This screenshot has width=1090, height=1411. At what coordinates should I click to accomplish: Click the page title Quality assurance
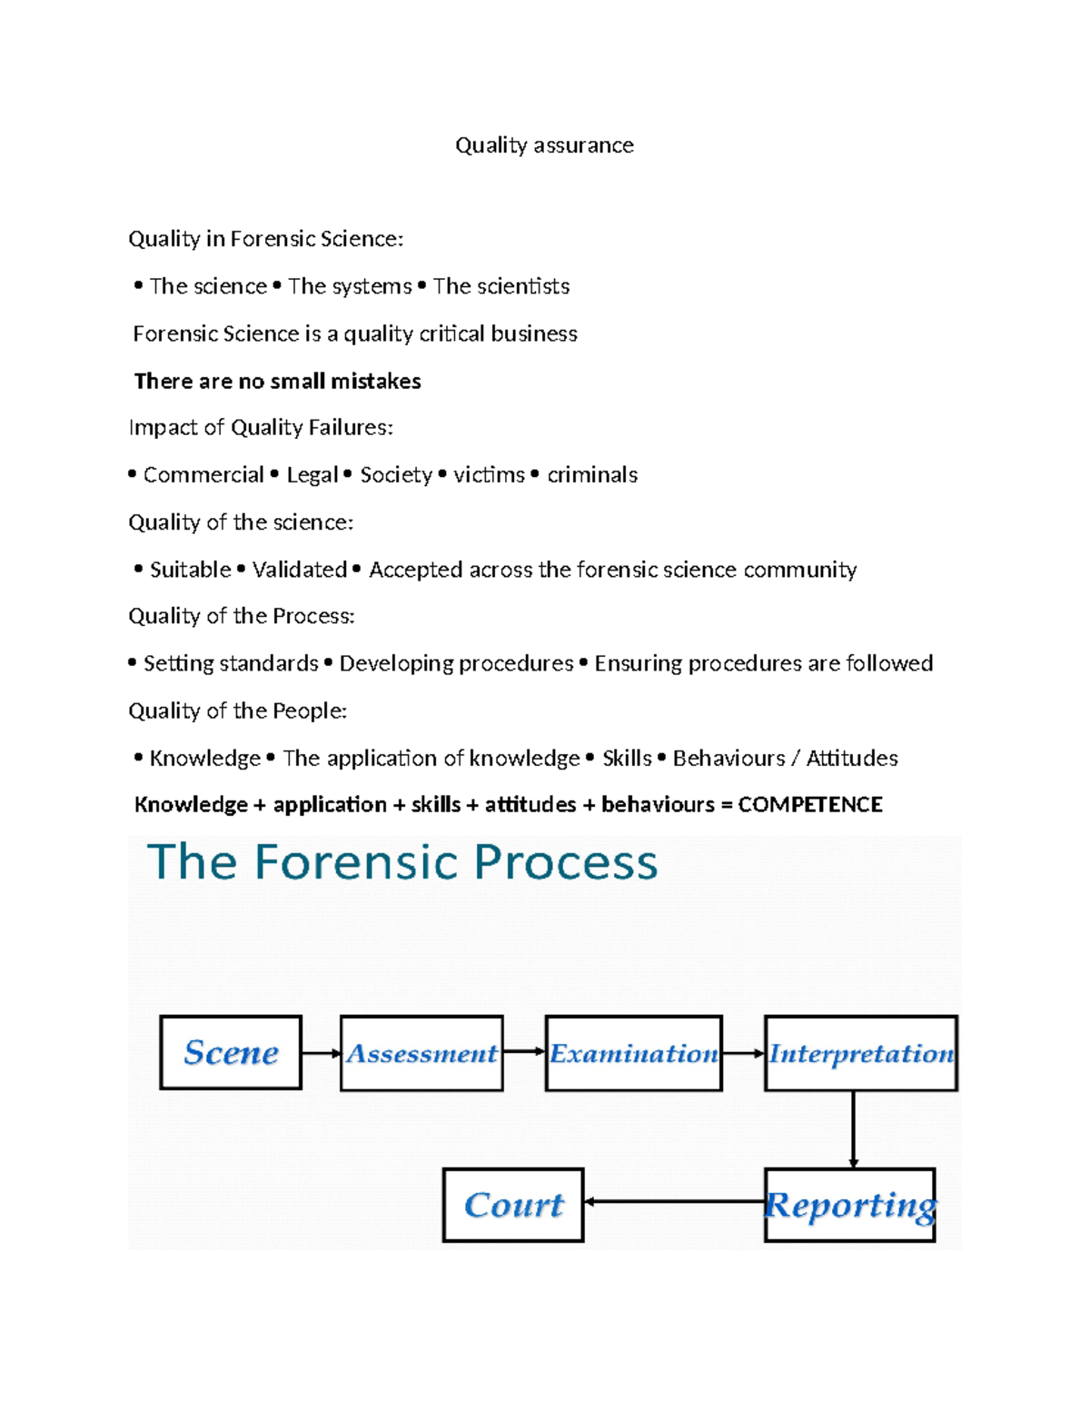point(544,145)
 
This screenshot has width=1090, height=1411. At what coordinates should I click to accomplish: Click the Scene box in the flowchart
point(231,1052)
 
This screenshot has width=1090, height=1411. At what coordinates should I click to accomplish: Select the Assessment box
point(421,1053)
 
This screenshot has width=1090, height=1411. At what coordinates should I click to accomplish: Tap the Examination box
point(633,1053)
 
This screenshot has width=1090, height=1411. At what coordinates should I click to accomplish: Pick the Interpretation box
point(860,1053)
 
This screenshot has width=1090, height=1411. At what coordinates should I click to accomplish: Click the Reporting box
point(850,1205)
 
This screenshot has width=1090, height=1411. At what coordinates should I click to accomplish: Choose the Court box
point(513,1205)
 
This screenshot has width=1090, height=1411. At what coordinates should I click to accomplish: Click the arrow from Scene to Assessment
point(321,1053)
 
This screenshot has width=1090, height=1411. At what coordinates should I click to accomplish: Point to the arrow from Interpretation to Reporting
point(853,1129)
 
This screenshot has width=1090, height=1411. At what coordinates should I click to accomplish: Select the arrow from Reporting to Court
point(674,1201)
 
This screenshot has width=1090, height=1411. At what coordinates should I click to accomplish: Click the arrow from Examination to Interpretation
point(743,1053)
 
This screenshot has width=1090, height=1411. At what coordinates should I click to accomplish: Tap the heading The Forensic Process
point(402,861)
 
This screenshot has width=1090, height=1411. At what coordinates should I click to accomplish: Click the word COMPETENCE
point(810,804)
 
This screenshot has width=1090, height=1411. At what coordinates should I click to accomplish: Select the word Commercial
point(203,474)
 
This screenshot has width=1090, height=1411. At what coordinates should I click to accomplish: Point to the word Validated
point(300,570)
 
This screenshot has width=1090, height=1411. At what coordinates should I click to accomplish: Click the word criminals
point(592,474)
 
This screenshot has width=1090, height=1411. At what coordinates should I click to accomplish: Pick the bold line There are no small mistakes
point(277,381)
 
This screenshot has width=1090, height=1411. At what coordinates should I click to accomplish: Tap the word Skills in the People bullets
point(627,758)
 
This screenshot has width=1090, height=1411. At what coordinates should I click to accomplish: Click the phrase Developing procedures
point(456,663)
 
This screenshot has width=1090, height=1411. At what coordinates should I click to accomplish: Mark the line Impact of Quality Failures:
point(261,427)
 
